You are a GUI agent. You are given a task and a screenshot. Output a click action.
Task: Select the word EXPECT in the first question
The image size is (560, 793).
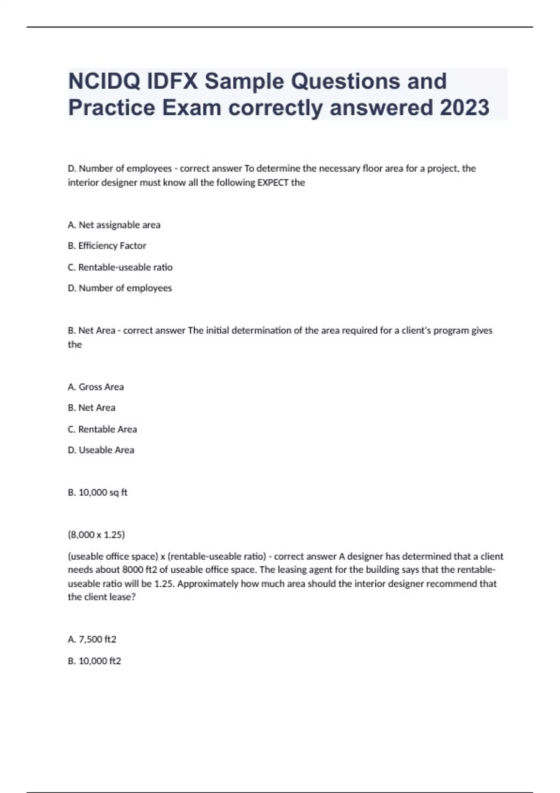[x=273, y=182]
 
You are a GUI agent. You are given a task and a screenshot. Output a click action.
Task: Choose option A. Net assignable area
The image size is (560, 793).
[x=114, y=225]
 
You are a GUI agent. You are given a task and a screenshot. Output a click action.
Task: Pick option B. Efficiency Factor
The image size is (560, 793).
[x=107, y=245]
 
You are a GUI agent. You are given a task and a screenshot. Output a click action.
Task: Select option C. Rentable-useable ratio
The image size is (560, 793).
[x=120, y=267]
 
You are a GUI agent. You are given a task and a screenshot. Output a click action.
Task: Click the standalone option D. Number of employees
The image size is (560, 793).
[x=119, y=288]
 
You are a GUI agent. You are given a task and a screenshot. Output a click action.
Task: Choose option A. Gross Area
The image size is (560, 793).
[x=96, y=387]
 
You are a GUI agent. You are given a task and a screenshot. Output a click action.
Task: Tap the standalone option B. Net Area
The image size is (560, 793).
[x=91, y=408]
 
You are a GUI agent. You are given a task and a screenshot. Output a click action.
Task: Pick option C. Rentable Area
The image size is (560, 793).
[x=102, y=429]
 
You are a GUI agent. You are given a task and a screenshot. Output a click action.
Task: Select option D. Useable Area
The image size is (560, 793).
[x=101, y=450]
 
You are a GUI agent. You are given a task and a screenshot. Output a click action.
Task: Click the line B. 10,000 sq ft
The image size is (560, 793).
[x=98, y=493]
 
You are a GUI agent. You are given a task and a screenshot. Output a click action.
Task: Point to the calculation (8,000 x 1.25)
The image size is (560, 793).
[x=96, y=535]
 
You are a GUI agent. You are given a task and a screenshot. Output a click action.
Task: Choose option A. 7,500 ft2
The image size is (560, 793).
[x=92, y=640]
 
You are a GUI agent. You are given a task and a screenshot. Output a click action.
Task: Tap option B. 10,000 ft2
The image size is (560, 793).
[x=94, y=661]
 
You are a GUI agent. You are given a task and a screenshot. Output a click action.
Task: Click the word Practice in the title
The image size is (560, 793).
[x=112, y=108]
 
